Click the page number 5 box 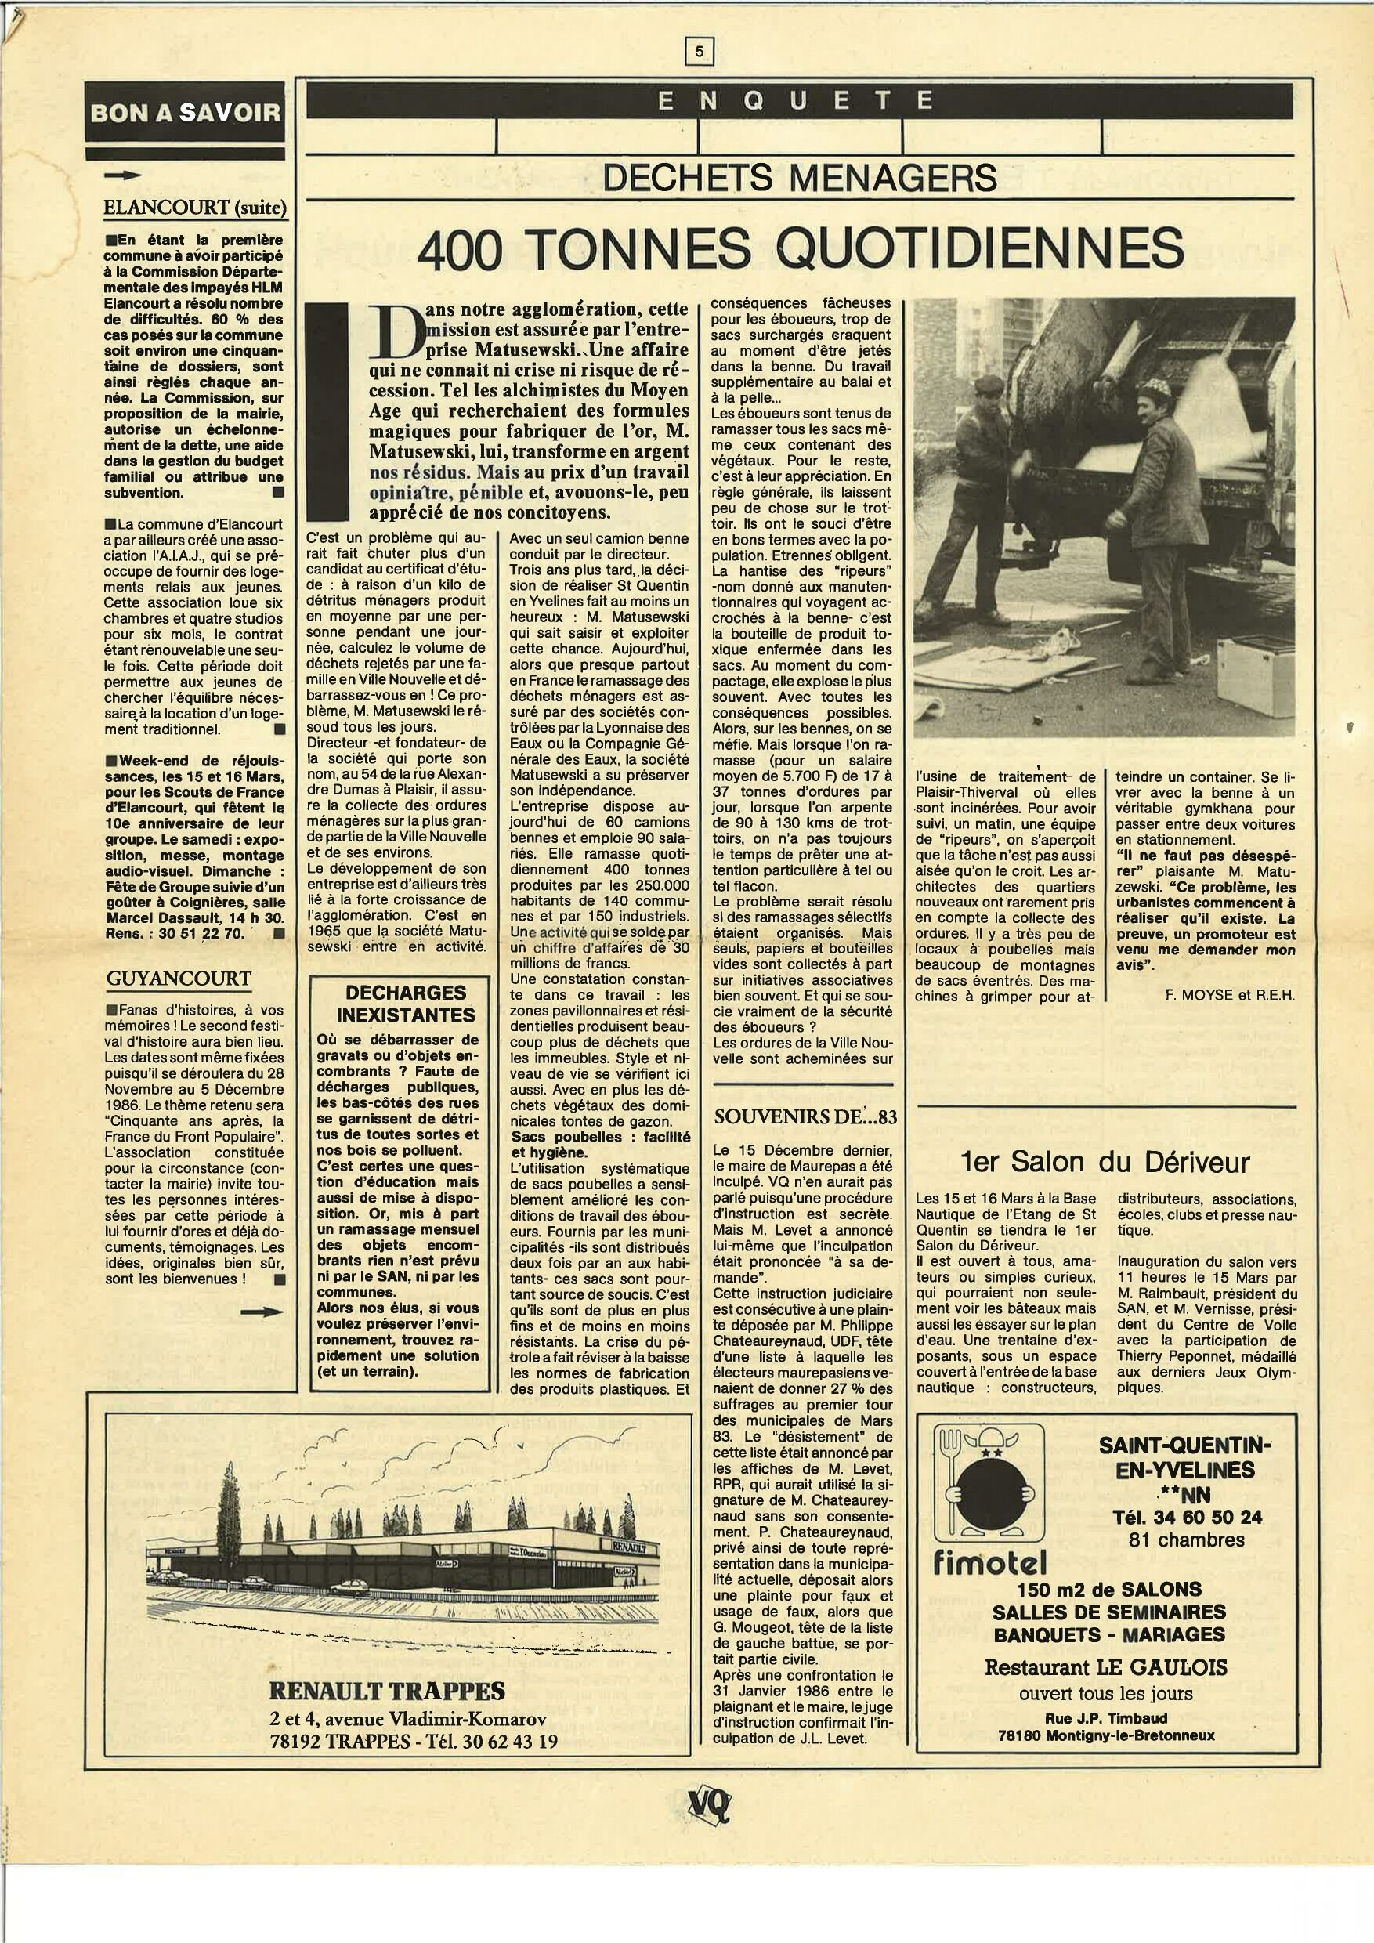pyautogui.click(x=699, y=52)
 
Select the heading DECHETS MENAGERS pyautogui.click(x=800, y=178)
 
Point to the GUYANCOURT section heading pyautogui.click(x=179, y=979)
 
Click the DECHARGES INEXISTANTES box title pyautogui.click(x=406, y=1004)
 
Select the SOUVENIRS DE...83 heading pyautogui.click(x=804, y=1116)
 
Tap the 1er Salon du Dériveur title pyautogui.click(x=1105, y=1162)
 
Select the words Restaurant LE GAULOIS pyautogui.click(x=1105, y=1667)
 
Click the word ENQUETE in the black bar pyautogui.click(x=797, y=101)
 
